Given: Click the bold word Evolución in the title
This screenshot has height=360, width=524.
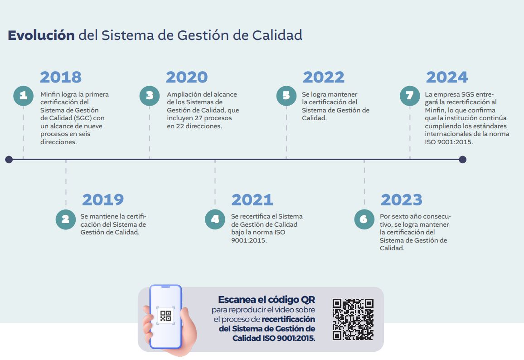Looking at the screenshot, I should [41, 35].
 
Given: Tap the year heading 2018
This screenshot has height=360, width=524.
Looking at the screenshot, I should [61, 77].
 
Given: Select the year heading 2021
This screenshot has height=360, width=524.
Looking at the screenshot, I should [252, 199].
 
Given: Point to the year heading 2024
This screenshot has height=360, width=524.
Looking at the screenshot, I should [447, 77].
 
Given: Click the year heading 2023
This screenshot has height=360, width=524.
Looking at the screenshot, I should [402, 199].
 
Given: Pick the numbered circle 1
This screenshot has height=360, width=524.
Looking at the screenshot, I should [24, 96].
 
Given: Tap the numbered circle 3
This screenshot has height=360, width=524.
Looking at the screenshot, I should [150, 96].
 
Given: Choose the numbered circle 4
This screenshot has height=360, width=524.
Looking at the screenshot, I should [215, 219].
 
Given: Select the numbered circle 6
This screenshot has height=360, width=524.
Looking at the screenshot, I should [364, 219].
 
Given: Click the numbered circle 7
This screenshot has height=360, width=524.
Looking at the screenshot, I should [410, 96].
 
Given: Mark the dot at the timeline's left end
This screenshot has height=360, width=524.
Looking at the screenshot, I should [9, 159].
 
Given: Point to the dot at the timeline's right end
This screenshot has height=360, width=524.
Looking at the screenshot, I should [462, 159].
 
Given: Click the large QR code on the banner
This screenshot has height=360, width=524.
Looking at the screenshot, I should [353, 319].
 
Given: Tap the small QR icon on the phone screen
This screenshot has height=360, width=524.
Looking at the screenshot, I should [165, 316].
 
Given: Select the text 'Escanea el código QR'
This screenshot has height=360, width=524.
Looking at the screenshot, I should [267, 300].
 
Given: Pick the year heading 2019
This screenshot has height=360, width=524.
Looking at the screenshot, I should [103, 199].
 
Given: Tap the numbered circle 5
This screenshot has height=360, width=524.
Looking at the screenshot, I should [286, 96].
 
